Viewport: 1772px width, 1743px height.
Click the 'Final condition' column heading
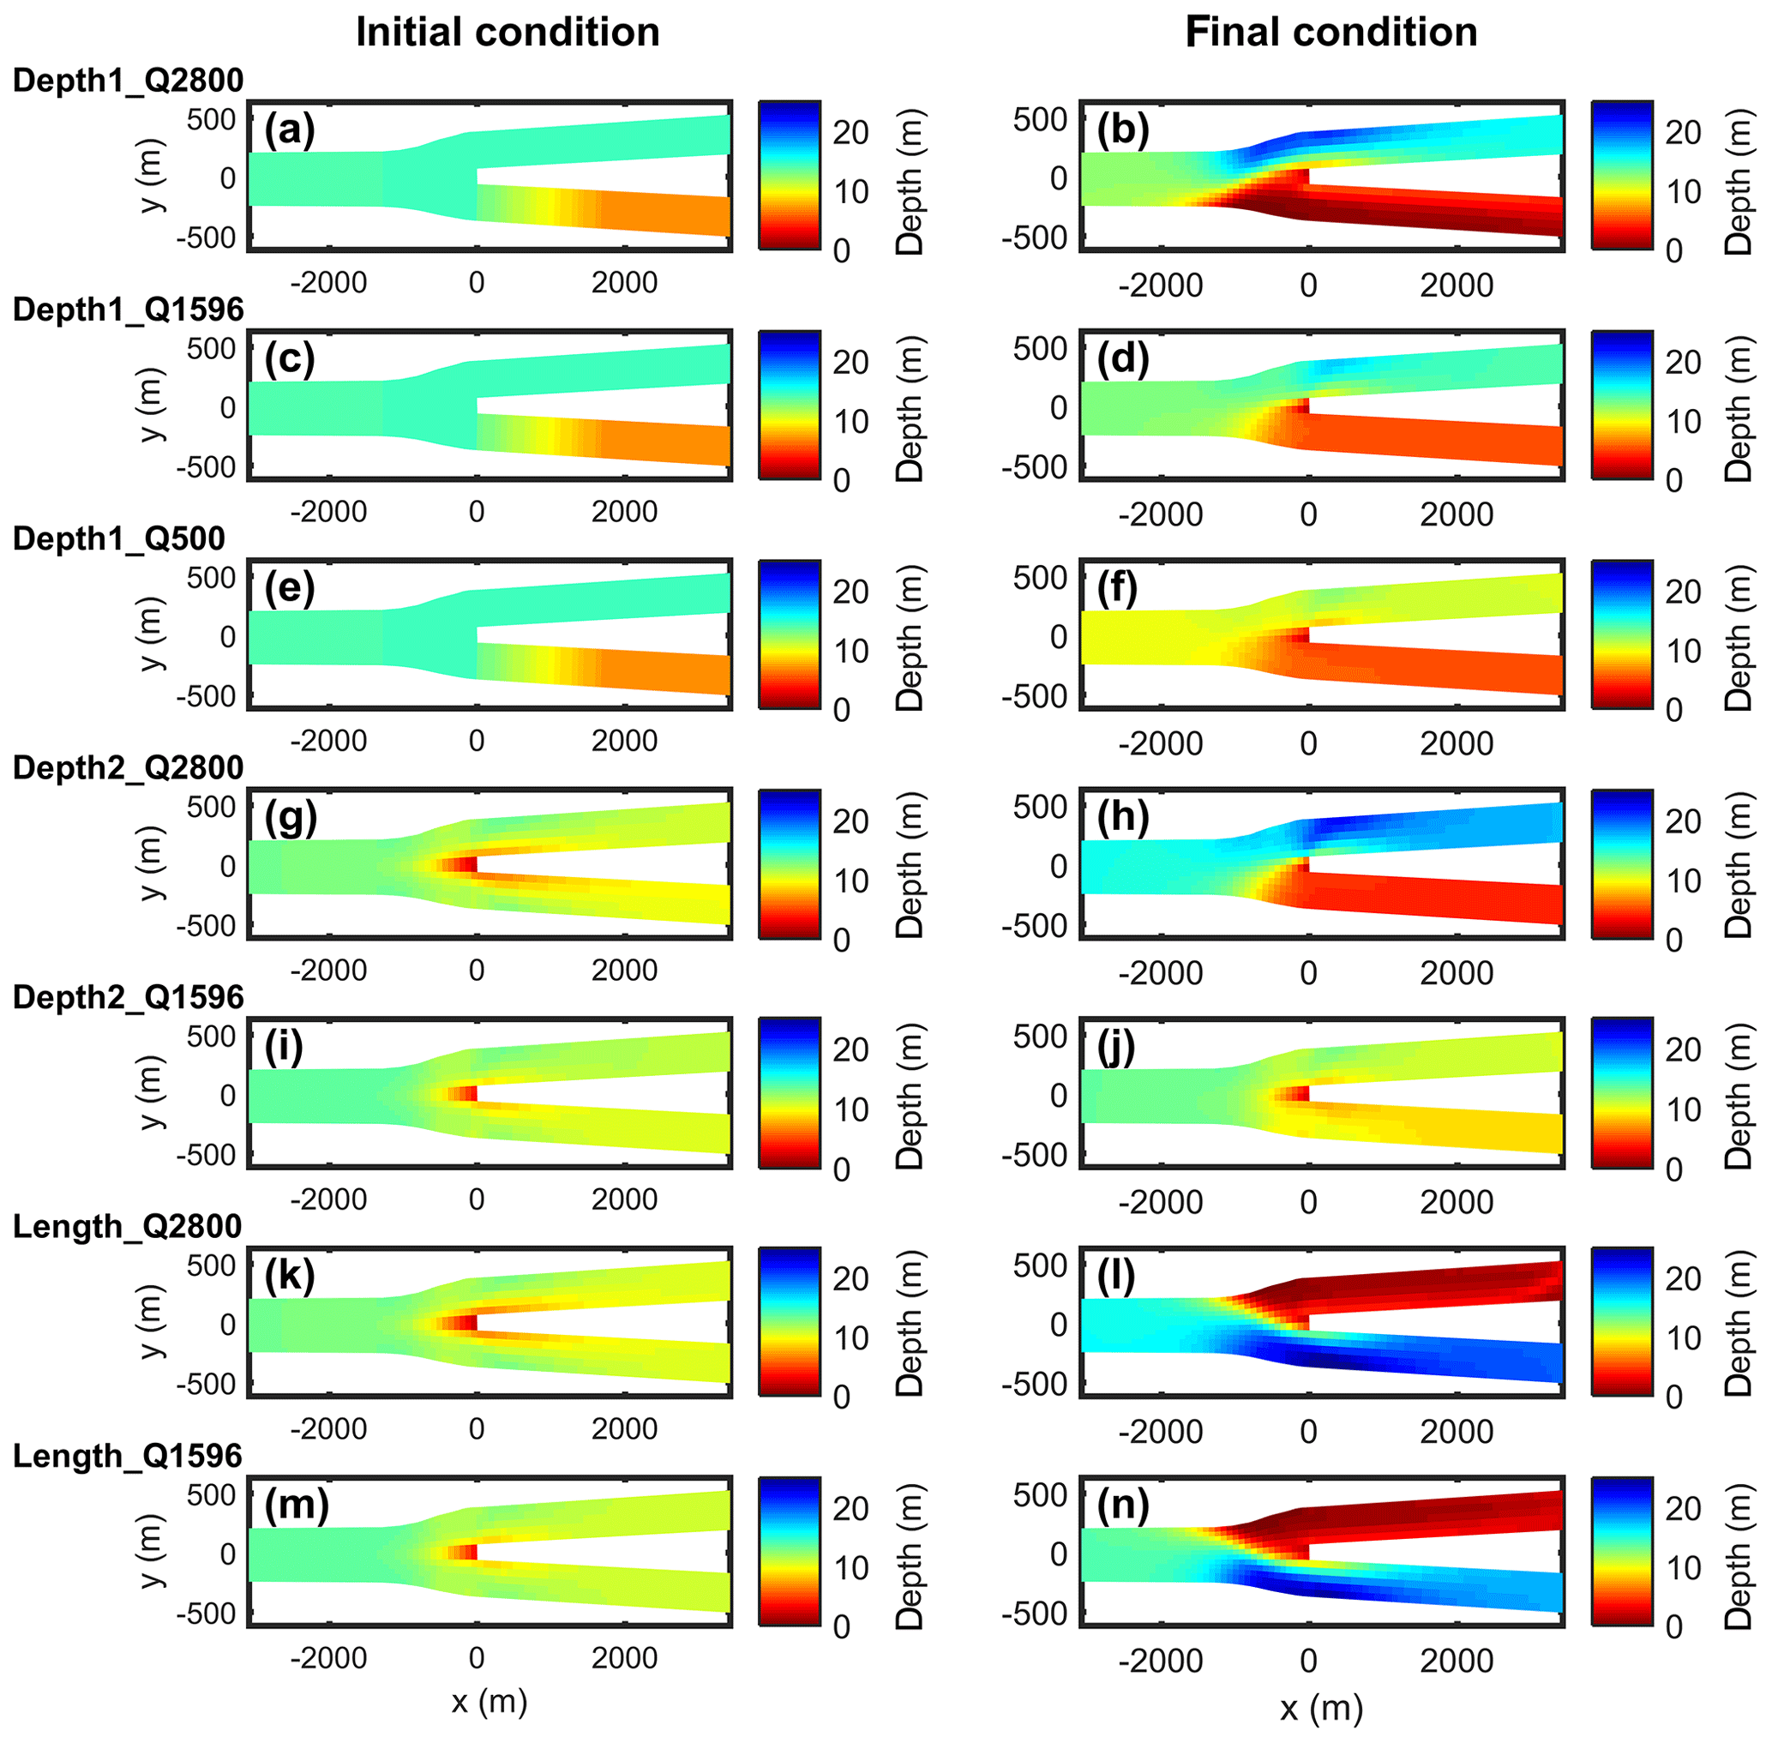(1331, 33)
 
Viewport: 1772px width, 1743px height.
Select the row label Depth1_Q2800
(128, 81)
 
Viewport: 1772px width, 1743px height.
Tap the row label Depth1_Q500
(119, 538)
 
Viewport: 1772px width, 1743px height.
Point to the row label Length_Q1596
(127, 1456)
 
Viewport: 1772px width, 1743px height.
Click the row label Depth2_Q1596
(128, 997)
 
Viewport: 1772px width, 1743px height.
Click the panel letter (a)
(289, 130)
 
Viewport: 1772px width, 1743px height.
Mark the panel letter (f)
(1117, 589)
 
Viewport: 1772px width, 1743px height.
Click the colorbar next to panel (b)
(1622, 175)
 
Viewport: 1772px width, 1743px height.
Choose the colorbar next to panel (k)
(789, 1321)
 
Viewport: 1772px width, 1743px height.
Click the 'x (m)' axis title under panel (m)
(490, 1701)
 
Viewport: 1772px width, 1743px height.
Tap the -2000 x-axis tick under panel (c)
(327, 512)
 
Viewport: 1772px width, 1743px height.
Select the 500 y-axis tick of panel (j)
(1040, 1037)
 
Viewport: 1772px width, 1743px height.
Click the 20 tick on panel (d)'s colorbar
(1682, 363)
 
